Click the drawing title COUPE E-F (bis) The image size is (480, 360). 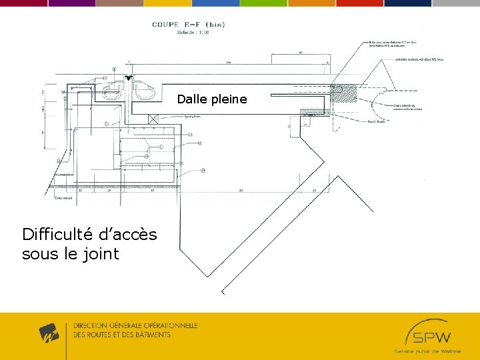(189, 25)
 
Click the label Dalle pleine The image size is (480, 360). (212, 99)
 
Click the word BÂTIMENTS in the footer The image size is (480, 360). (151, 334)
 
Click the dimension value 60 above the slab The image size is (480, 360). (301, 51)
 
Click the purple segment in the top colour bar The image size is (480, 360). (71, 3)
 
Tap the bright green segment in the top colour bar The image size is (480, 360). (263, 3)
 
